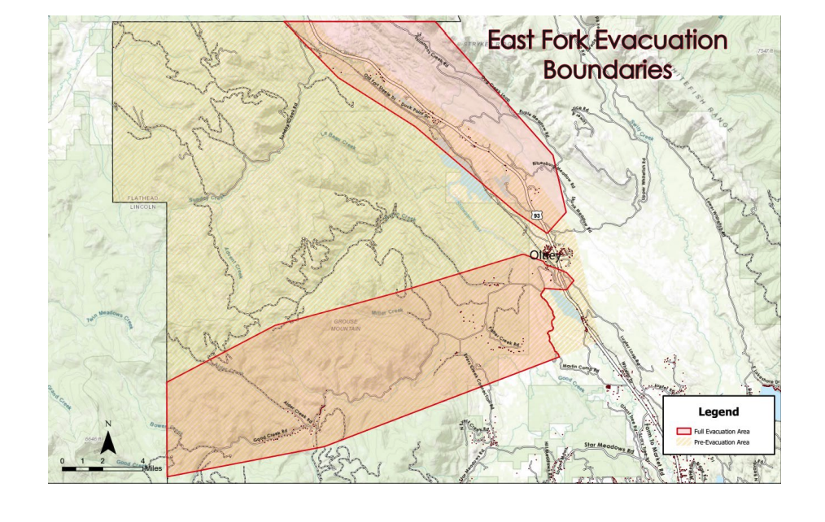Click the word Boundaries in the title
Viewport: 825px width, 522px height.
[x=607, y=69]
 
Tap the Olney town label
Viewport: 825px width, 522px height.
[x=545, y=255]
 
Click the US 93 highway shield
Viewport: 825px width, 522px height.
[x=537, y=215]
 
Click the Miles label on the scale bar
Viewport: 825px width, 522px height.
[x=155, y=469]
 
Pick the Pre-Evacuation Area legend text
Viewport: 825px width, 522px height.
[x=722, y=442]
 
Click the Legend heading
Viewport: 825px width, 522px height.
[x=718, y=411]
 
